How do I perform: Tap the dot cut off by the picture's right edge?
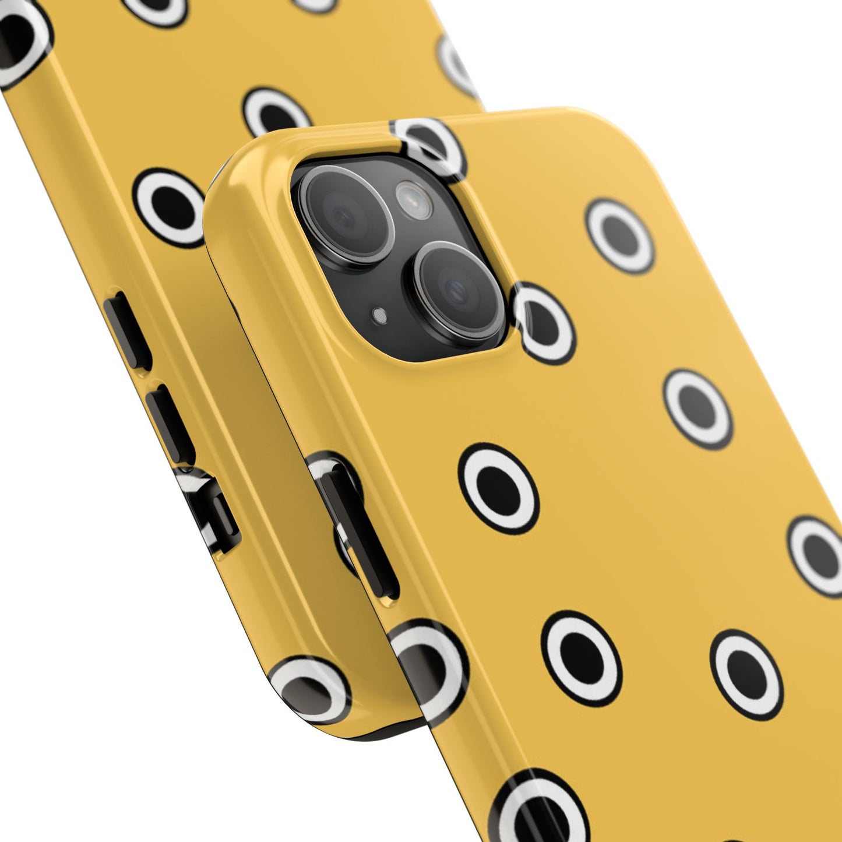click(x=819, y=551)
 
